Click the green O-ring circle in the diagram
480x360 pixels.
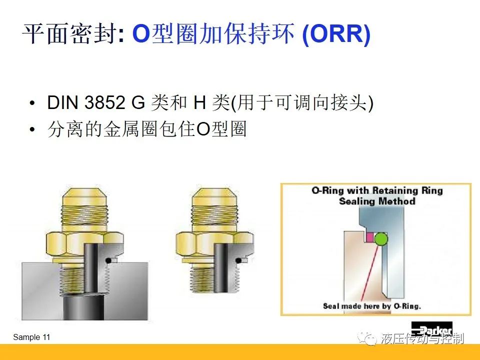click(381, 239)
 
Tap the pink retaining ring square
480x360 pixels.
click(370, 237)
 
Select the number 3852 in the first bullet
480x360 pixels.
click(104, 102)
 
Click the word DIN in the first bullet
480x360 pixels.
click(63, 102)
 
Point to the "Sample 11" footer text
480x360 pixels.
click(31, 337)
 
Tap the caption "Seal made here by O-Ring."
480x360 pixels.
click(372, 306)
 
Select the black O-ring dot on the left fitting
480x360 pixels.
click(108, 261)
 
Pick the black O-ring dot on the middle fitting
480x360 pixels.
click(238, 261)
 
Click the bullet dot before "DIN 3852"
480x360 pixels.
click(32, 103)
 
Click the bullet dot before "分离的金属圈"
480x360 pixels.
click(32, 129)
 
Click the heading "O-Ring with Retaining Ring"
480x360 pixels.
click(377, 190)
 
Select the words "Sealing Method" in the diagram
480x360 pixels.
click(377, 201)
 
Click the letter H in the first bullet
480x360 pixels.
click(199, 102)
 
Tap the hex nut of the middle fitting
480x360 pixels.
click(215, 245)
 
